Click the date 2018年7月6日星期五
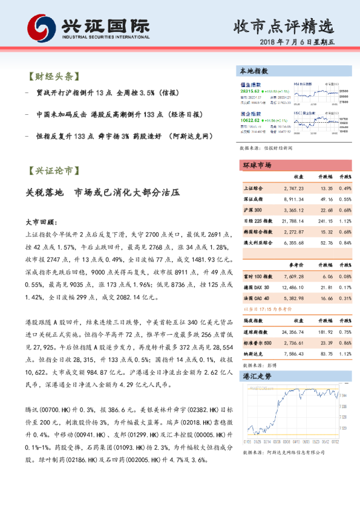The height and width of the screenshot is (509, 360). point(299,43)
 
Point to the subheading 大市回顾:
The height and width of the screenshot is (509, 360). point(42,221)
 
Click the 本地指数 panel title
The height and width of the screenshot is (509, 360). point(254,71)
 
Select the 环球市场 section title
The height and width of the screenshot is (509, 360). point(257,165)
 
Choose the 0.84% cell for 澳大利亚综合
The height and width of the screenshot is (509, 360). point(344,242)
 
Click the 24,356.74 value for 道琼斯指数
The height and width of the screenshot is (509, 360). point(292,332)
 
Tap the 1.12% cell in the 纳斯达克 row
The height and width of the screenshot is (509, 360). point(344,354)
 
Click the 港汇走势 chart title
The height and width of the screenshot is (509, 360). point(257,376)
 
